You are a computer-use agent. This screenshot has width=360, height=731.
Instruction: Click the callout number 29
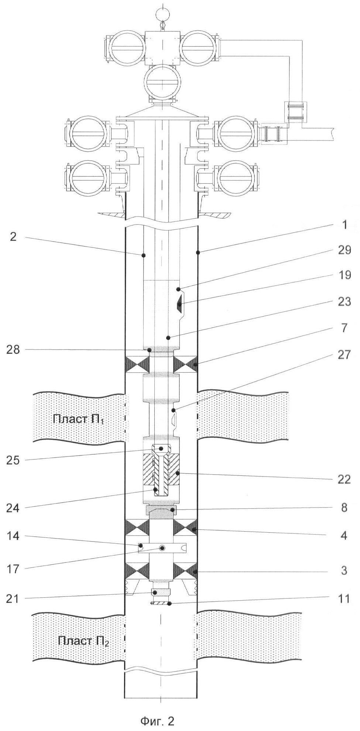click(x=344, y=250)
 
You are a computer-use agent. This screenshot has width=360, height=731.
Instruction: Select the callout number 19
click(x=344, y=275)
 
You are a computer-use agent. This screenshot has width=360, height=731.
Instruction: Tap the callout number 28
click(x=14, y=349)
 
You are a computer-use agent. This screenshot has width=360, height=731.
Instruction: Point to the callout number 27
click(x=344, y=355)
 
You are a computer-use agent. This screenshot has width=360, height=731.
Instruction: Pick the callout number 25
click(x=14, y=460)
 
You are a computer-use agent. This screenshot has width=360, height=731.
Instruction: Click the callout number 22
click(x=344, y=479)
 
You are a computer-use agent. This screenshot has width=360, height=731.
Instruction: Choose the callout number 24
click(x=14, y=508)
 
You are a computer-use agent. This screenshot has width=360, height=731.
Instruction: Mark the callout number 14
click(x=14, y=536)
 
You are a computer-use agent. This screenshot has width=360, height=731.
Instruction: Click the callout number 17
click(x=14, y=569)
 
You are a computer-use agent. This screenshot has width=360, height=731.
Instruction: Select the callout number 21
click(x=14, y=599)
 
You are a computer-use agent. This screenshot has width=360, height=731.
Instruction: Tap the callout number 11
click(x=344, y=598)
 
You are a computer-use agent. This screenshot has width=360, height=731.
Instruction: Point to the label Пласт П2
click(x=83, y=641)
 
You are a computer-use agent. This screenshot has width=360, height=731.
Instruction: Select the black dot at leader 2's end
click(x=144, y=255)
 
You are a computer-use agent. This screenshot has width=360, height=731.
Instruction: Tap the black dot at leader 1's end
click(x=198, y=253)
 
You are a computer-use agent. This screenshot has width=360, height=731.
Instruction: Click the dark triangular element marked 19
click(x=179, y=305)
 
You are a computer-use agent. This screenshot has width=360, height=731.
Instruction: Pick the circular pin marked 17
click(x=162, y=548)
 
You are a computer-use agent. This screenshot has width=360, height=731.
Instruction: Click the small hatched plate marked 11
click(x=160, y=603)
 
